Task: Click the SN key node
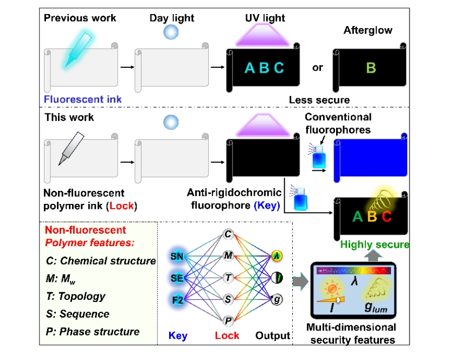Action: coord(176,256)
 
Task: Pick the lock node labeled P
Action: coord(228,322)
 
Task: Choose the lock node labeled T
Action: coord(228,278)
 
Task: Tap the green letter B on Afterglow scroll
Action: coord(371,68)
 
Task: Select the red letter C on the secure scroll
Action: coord(386,217)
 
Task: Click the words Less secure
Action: coord(319,99)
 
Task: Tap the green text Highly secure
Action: coord(374,245)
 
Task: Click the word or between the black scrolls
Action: coord(317,68)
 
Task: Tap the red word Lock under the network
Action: coord(227,336)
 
